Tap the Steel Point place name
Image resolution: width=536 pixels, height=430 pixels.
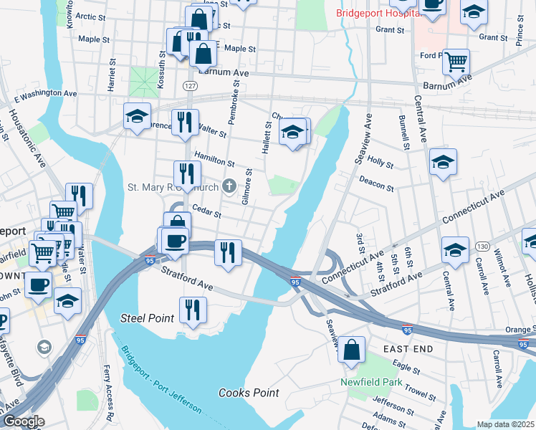142,317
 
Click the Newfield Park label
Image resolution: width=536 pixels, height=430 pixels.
370,381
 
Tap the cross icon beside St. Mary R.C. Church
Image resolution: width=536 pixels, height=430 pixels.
229,188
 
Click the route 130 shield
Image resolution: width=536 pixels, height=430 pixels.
482,247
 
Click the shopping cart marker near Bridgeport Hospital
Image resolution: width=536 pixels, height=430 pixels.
456,63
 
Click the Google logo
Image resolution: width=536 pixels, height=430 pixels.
23,421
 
